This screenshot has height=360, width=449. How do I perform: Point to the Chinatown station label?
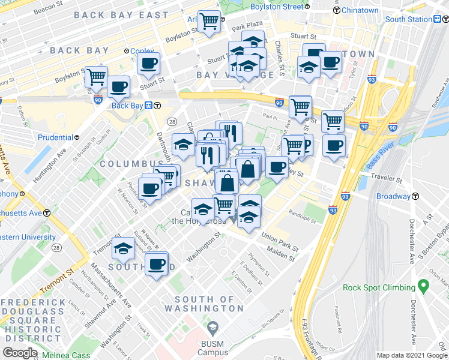360,10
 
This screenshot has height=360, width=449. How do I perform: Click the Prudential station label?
55,137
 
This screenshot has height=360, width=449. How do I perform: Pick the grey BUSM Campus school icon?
211,328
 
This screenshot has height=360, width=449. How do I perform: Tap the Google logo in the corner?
20,353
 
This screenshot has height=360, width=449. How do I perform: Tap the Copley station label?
143,51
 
